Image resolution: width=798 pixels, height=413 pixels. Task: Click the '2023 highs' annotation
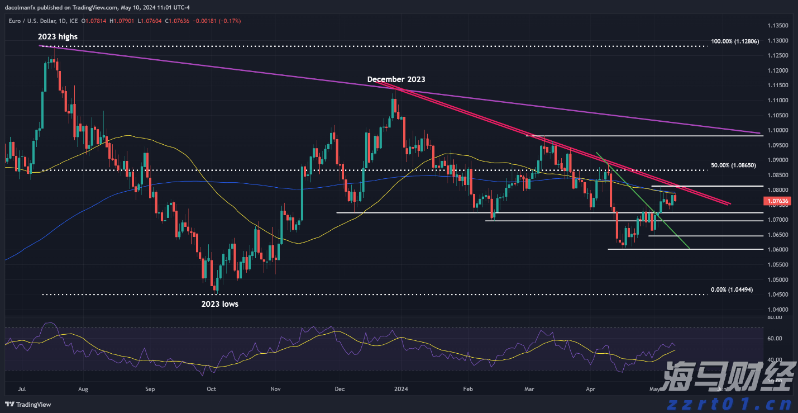[x=58, y=37]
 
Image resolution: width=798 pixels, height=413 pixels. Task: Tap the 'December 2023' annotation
[x=396, y=79]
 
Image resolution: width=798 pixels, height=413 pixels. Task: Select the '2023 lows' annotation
[x=219, y=304]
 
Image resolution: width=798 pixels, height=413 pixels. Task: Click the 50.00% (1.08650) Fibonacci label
[x=733, y=166]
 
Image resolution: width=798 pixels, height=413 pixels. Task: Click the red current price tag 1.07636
[x=777, y=201]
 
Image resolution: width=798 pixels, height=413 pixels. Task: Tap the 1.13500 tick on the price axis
[x=777, y=26]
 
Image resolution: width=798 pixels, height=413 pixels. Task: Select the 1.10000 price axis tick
[x=777, y=130]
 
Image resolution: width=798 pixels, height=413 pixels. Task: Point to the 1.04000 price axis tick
[x=777, y=309]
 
